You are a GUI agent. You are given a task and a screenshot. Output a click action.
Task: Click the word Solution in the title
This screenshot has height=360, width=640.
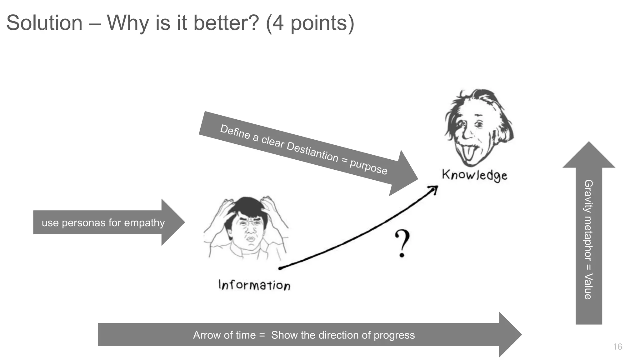(x=44, y=23)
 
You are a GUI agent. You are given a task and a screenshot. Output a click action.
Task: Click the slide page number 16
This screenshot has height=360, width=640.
(x=617, y=347)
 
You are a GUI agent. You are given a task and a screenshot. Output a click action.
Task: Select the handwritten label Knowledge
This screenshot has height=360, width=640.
(x=474, y=175)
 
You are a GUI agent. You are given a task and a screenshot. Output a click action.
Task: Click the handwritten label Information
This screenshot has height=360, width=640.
(x=254, y=285)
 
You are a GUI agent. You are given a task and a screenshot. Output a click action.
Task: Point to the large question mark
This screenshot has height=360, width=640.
(x=402, y=243)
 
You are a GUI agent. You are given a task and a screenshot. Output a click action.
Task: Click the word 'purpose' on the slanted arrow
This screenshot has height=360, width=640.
(x=368, y=166)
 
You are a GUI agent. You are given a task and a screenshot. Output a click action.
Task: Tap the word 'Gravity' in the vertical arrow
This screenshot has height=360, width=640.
(x=588, y=196)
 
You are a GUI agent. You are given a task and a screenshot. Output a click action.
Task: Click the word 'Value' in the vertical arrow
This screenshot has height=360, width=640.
(x=588, y=286)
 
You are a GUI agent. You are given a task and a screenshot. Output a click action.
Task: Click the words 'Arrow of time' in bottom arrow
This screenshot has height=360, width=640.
(x=224, y=335)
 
